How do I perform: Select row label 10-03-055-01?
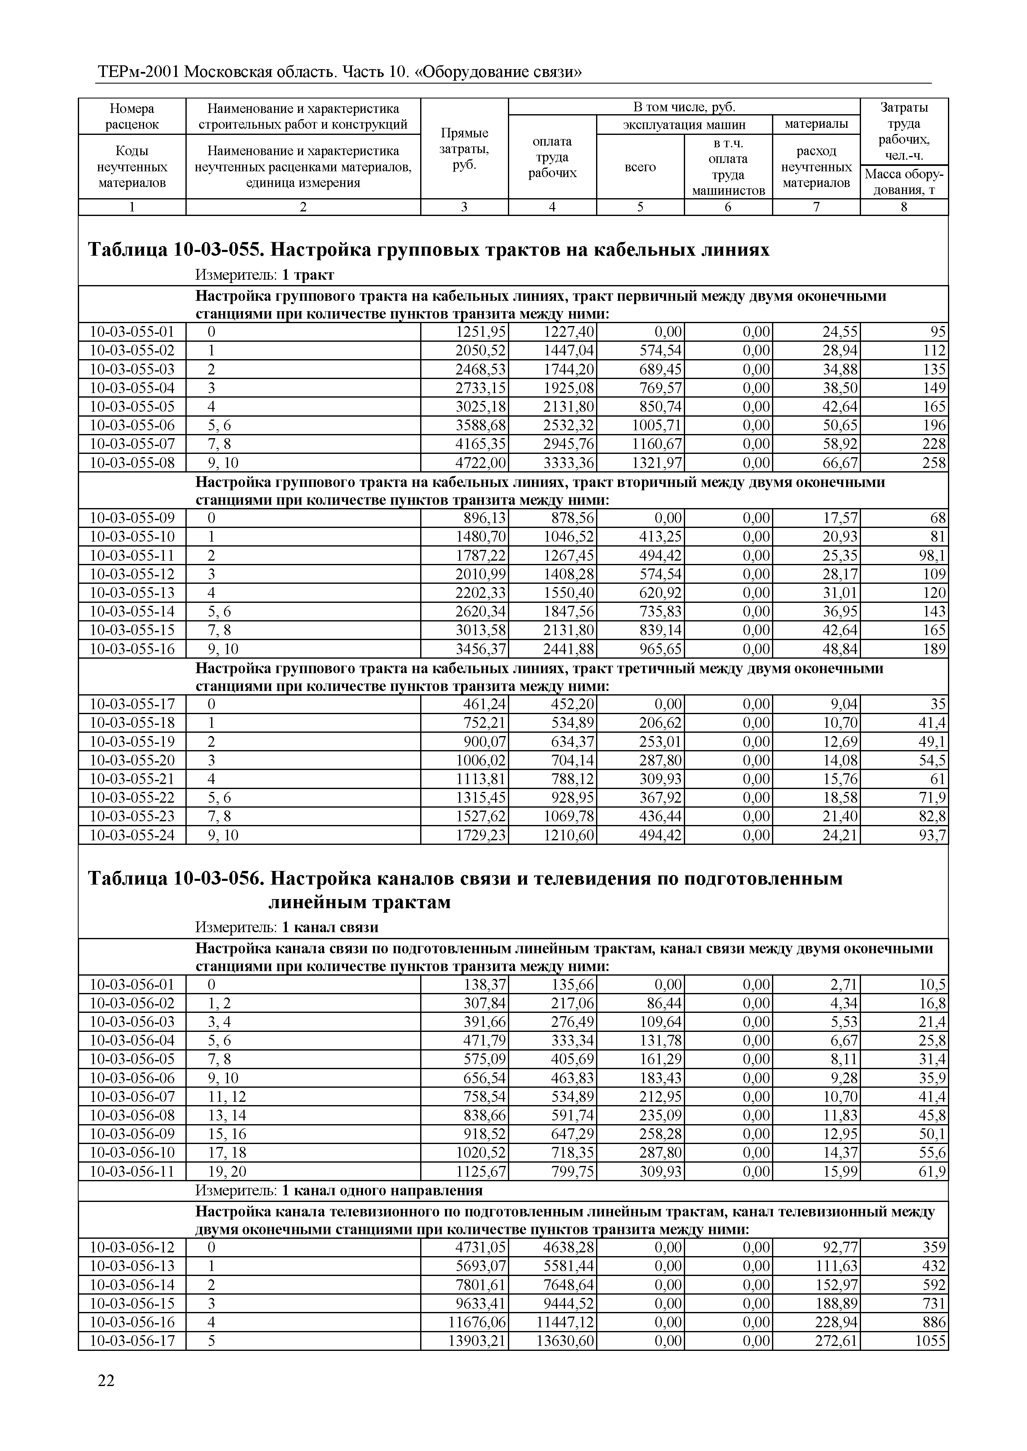tap(132, 332)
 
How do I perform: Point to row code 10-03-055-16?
tap(132, 649)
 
